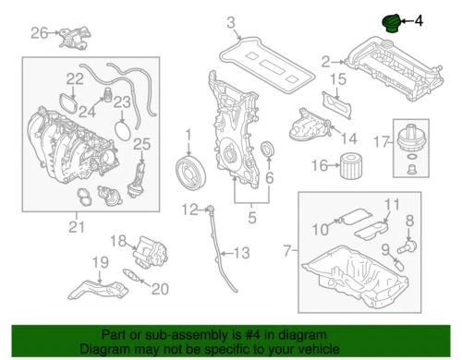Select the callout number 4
[418, 18]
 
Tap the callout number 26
[38, 34]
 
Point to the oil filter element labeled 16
[347, 166]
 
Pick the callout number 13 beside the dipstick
[241, 253]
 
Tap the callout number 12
[189, 209]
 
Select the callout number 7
[287, 250]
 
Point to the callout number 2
[324, 62]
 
